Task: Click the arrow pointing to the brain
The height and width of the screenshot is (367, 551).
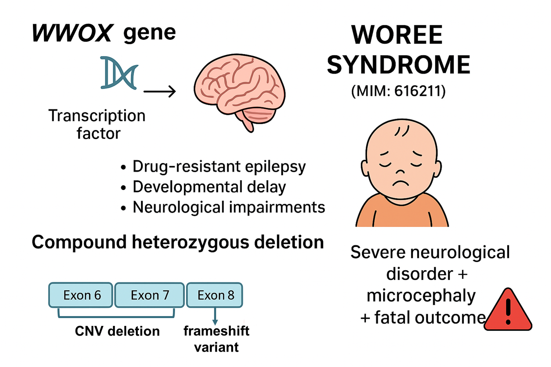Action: (160, 91)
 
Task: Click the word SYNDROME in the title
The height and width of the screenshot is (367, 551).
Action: (398, 65)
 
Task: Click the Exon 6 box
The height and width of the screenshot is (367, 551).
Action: (81, 295)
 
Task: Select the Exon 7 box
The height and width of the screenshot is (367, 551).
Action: (150, 295)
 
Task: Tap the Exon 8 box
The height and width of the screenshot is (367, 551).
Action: (215, 295)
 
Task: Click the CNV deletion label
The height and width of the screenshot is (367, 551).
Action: (117, 331)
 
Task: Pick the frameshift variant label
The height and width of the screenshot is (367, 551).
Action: (216, 339)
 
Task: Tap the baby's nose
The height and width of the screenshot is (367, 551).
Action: (400, 171)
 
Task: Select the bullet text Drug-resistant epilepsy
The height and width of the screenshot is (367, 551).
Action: (219, 167)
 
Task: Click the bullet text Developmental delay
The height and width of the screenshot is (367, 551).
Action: (209, 187)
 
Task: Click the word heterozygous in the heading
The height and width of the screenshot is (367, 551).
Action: (191, 242)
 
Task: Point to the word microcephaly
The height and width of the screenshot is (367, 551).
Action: (421, 296)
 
